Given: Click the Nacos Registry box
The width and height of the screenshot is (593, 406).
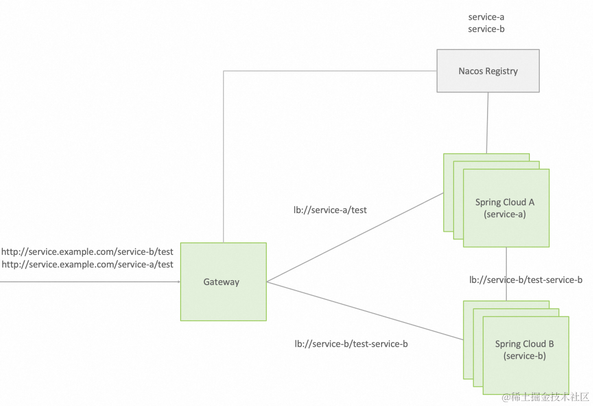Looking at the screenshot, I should pos(488,71).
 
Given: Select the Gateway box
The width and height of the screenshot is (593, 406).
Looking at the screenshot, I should pos(223,282).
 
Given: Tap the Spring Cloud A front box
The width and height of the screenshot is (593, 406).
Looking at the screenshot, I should pos(506,208).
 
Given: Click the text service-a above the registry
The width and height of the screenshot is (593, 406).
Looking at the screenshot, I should pos(486,17).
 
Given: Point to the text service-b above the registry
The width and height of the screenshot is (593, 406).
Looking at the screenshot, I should pos(486,29).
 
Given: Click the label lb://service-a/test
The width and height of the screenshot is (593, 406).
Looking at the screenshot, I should pos(330,209).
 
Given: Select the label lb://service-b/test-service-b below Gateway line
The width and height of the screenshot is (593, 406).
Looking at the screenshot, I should pos(351,344).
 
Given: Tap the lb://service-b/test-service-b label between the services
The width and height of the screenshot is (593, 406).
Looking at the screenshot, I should pos(525,280).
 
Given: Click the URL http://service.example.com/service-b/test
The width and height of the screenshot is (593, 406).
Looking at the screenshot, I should pos(87,252).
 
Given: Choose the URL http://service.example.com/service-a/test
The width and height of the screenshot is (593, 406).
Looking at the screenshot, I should pos(87,264).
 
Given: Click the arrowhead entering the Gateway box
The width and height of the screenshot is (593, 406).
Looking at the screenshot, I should pos(178,282).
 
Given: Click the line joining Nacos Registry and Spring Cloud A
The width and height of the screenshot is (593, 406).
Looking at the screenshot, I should pos(487,123).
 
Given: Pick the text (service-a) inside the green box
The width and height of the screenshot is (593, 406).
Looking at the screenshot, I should pos(505,214).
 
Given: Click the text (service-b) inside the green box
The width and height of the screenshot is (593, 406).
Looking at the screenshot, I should pos(525,355).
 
